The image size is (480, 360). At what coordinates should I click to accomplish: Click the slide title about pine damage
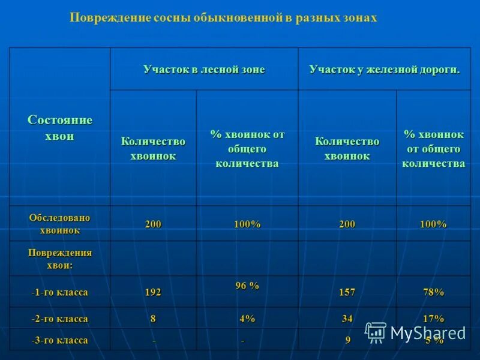(x=223, y=18)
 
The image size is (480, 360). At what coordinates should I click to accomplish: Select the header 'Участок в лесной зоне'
(x=203, y=70)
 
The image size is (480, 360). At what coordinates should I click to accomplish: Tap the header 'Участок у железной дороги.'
(x=385, y=70)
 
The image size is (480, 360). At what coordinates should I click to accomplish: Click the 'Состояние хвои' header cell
(x=60, y=128)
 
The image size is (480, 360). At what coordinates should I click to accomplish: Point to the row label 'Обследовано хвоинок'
(x=60, y=224)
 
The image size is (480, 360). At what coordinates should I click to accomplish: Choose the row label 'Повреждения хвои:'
(x=60, y=259)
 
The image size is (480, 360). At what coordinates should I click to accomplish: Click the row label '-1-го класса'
(x=60, y=293)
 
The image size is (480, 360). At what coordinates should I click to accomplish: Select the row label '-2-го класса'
(x=60, y=319)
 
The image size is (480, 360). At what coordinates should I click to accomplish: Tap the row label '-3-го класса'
(x=60, y=341)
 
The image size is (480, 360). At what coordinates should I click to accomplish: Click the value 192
(x=153, y=293)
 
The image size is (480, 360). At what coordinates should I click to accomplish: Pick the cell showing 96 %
(x=247, y=286)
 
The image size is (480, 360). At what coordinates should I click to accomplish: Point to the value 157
(x=347, y=293)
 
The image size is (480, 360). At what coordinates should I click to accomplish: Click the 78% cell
(x=433, y=293)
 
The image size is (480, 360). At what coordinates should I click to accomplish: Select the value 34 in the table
(x=347, y=319)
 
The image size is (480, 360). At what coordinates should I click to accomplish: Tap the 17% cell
(x=433, y=319)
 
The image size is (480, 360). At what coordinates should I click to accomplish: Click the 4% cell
(x=247, y=319)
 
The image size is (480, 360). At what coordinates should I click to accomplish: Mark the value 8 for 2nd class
(x=153, y=319)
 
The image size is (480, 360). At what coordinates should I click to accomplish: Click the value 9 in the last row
(x=347, y=341)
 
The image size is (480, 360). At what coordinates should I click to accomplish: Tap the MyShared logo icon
(x=376, y=332)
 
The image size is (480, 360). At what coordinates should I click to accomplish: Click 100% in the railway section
(x=433, y=224)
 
